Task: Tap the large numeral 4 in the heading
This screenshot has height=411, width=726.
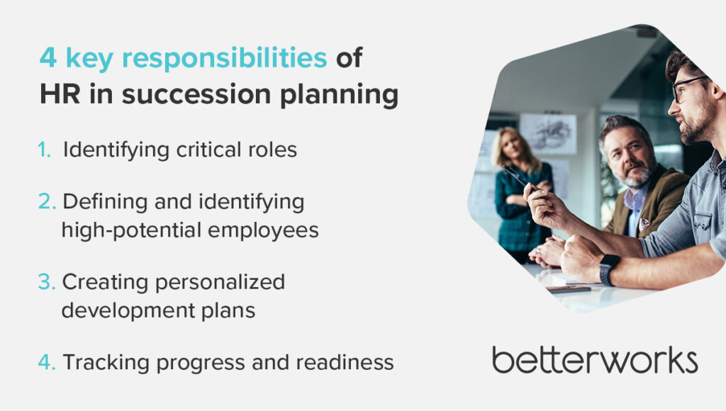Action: pyautogui.click(x=48, y=58)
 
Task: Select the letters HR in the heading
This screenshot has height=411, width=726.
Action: pyautogui.click(x=60, y=94)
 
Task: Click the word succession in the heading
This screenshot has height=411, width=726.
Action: pyautogui.click(x=196, y=94)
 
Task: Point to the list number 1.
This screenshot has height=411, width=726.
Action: pyautogui.click(x=44, y=150)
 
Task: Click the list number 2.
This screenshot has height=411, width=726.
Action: pyautogui.click(x=47, y=201)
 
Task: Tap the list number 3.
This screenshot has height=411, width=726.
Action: pyautogui.click(x=46, y=282)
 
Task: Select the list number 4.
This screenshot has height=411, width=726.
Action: pyautogui.click(x=47, y=362)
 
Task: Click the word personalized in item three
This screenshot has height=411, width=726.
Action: pyautogui.click(x=220, y=282)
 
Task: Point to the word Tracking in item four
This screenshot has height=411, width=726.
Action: pyautogui.click(x=106, y=362)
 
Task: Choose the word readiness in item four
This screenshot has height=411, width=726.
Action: pyautogui.click(x=345, y=362)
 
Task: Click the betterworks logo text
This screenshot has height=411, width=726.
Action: pyautogui.click(x=595, y=360)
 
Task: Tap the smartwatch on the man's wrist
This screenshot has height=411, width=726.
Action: pyautogui.click(x=608, y=269)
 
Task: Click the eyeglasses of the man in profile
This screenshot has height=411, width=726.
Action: pyautogui.click(x=688, y=87)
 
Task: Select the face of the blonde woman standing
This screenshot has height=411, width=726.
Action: pyautogui.click(x=512, y=146)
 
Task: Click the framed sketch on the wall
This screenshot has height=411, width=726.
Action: pyautogui.click(x=548, y=134)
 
